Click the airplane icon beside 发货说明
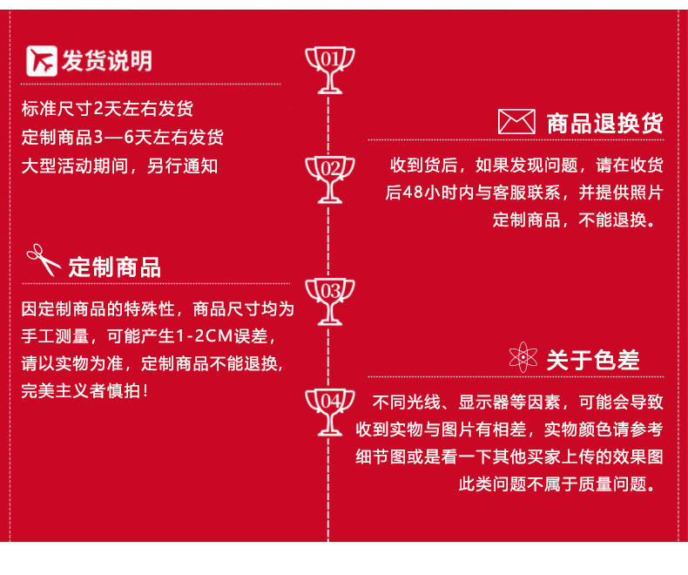[41, 60]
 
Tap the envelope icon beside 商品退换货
[516, 122]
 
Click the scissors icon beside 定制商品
[43, 260]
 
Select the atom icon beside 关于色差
[523, 357]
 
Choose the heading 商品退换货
[604, 124]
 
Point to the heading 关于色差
[592, 359]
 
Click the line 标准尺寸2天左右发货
[107, 110]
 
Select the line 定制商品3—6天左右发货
[122, 138]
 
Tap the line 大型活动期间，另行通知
[119, 166]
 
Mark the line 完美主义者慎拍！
[84, 389]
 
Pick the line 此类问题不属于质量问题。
[556, 484]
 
